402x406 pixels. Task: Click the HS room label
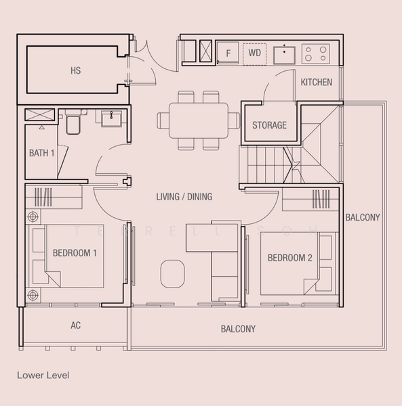pos(75,70)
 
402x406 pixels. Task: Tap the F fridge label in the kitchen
pos(228,53)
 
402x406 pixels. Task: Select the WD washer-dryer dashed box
pos(254,54)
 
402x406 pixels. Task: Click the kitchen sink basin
pos(284,55)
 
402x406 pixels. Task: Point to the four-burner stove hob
pos(316,53)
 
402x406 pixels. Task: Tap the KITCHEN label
pos(317,83)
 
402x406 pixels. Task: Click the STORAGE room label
pos(270,125)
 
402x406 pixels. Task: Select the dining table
pos(199,120)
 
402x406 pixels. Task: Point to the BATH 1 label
pos(41,153)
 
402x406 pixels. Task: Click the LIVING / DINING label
pos(184,197)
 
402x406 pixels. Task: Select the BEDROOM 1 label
pos(75,253)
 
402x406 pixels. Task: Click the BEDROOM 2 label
pos(289,258)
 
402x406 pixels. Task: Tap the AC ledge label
pos(75,325)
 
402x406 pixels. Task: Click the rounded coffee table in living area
pos(172,273)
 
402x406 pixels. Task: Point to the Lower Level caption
pos(43,376)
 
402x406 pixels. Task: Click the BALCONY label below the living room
pos(238,329)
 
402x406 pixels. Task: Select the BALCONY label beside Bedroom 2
pos(363,217)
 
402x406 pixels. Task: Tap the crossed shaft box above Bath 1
pos(40,115)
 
